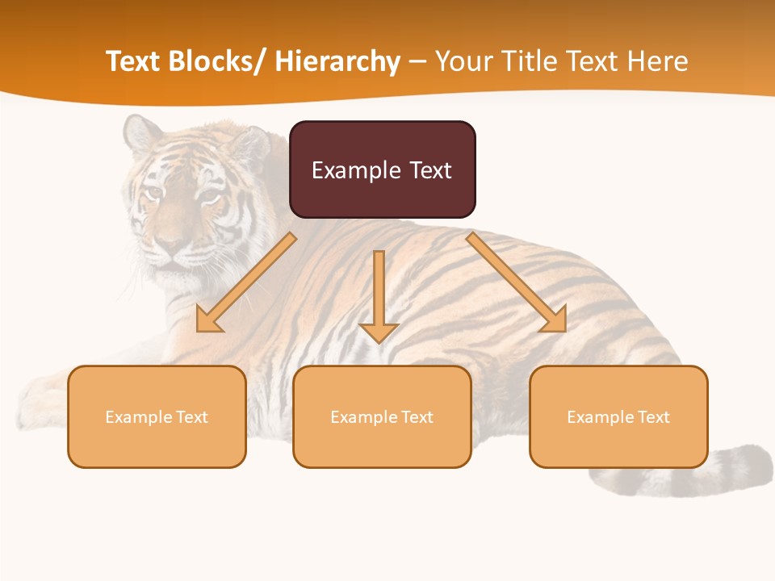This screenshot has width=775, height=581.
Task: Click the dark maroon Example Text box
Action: coord(382,169)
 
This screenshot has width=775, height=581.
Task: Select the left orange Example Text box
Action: coord(157,416)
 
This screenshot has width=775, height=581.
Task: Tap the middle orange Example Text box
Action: coord(382,416)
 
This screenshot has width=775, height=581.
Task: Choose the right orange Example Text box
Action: coord(618,416)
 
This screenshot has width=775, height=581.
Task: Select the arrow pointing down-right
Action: coord(517,283)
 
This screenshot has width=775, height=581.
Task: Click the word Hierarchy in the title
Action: coord(337,61)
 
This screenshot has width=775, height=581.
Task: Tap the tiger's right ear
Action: coord(249,145)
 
